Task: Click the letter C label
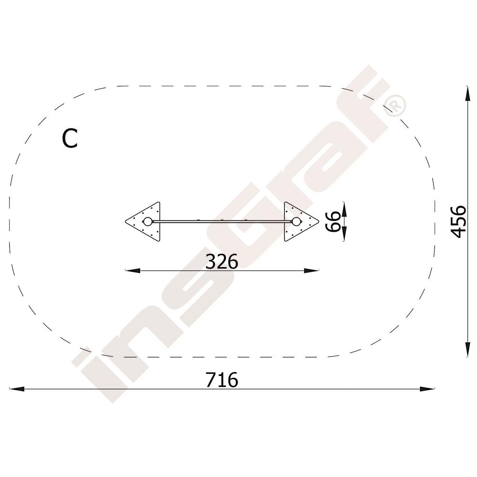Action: (x=70, y=138)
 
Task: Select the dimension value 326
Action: (x=222, y=261)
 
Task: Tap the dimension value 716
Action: (x=222, y=380)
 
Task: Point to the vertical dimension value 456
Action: (x=458, y=221)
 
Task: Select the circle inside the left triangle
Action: (x=147, y=221)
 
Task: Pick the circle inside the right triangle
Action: (x=296, y=221)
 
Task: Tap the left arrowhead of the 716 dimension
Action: (x=16, y=389)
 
